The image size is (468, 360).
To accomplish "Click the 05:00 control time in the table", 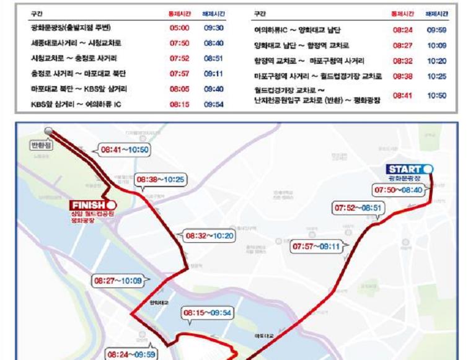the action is click(179, 29).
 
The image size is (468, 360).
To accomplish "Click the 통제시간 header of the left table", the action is click(180, 13).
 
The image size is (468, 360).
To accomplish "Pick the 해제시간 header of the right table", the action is click(436, 13).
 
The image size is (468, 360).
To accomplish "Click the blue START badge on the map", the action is click(409, 169).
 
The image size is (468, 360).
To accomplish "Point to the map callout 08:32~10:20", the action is click(210, 235).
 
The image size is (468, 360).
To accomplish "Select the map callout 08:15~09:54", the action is click(207, 313).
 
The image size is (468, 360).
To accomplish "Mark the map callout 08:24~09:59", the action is click(131, 354).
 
